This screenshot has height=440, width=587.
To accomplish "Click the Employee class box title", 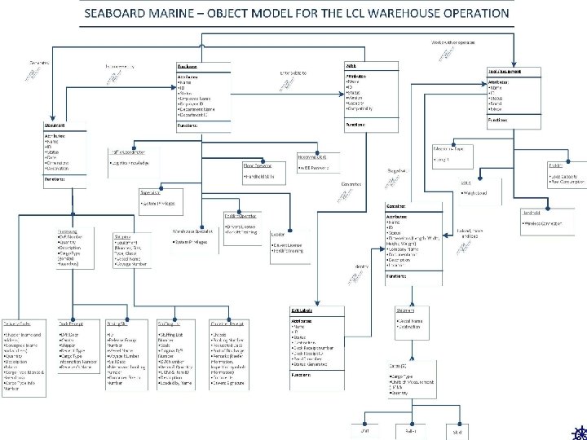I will [187, 67].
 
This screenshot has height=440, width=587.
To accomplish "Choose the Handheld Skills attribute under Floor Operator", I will [260, 176].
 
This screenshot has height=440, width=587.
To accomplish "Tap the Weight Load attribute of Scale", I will [476, 193].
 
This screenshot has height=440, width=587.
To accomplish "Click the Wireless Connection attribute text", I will [542, 222].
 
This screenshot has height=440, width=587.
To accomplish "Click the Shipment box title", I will [406, 311].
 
